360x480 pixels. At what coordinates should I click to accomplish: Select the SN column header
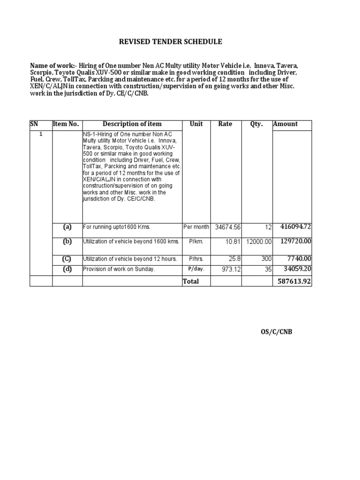(34, 124)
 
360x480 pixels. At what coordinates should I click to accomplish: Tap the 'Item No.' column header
(66, 124)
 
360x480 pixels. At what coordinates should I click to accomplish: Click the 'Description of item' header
(132, 124)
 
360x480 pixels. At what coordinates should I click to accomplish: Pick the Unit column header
(196, 124)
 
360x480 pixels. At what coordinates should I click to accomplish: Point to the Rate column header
(225, 124)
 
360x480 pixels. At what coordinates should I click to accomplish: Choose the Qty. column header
(256, 124)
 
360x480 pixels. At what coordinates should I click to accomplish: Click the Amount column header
(285, 124)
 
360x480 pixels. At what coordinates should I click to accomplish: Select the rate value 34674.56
(227, 227)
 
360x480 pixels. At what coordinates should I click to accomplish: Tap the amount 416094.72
(296, 227)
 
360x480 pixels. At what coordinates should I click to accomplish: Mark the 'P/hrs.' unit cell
(196, 259)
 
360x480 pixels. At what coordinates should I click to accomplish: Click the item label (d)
(67, 269)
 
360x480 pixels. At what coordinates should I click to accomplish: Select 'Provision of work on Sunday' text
(119, 269)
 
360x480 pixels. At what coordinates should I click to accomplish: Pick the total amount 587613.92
(293, 281)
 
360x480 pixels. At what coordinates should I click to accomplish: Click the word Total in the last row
(191, 281)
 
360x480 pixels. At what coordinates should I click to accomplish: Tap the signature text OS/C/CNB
(276, 332)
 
